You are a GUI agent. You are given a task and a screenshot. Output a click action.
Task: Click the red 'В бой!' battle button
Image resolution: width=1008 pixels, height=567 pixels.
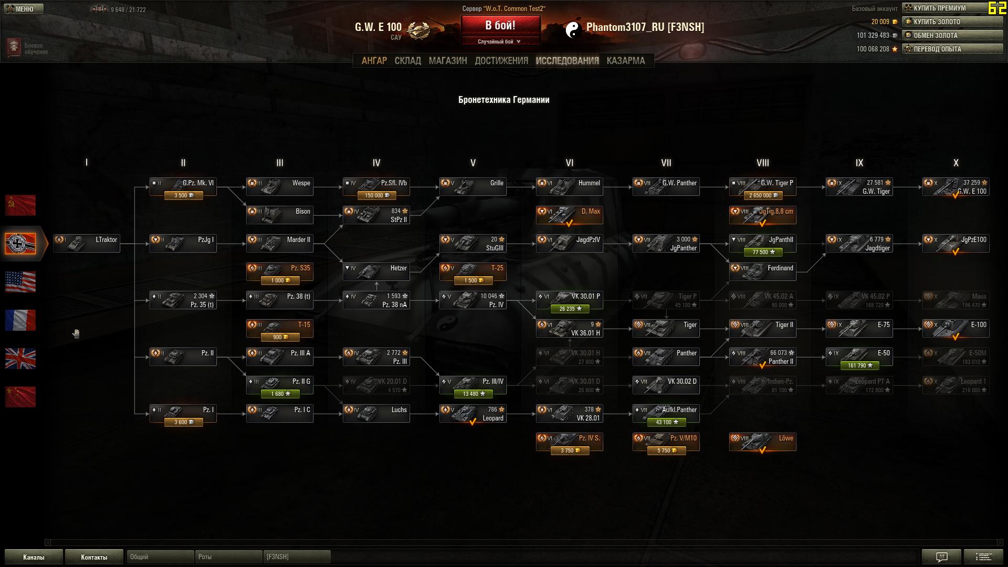(500, 25)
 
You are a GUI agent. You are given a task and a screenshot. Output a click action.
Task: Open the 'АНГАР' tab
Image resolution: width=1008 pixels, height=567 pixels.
(374, 60)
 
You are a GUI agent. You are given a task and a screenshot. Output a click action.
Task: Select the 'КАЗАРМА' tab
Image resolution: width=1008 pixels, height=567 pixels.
(625, 60)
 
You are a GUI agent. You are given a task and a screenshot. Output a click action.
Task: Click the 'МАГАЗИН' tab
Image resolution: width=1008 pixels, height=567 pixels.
(447, 60)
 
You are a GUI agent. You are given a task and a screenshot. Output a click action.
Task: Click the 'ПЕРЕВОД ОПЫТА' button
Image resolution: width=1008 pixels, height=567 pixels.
(952, 49)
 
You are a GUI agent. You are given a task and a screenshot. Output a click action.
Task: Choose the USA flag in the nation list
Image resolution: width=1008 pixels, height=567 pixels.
(20, 282)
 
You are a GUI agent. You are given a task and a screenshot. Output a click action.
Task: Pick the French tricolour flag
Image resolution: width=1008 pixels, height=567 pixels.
(20, 320)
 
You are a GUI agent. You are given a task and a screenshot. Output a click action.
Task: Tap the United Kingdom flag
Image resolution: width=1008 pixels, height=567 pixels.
(20, 359)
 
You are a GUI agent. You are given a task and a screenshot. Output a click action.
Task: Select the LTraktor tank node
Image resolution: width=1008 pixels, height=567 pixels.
(87, 244)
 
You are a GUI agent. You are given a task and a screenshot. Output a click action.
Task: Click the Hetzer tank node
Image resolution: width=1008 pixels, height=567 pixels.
(376, 272)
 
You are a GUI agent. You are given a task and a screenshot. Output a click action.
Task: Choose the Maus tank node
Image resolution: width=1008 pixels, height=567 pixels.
(956, 300)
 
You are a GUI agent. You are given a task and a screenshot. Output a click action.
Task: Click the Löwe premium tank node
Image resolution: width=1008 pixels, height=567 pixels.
(763, 442)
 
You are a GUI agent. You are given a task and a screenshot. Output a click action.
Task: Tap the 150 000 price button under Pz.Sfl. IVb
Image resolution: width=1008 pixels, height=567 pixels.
(376, 195)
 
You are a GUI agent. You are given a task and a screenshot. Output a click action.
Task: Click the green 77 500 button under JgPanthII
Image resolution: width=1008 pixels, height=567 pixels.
(763, 252)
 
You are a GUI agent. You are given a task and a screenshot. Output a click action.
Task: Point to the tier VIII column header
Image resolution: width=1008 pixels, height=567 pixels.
(763, 163)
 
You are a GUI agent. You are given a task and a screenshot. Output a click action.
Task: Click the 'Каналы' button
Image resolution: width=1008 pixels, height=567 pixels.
(34, 557)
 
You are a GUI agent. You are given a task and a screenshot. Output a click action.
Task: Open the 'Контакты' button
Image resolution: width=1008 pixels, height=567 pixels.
(94, 557)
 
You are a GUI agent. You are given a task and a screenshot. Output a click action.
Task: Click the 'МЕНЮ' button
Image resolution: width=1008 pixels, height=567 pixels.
(24, 9)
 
